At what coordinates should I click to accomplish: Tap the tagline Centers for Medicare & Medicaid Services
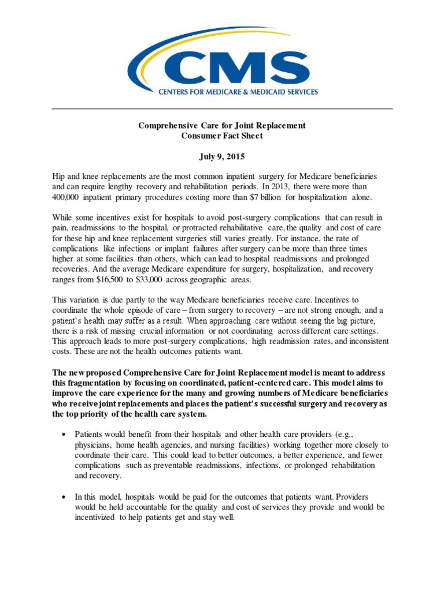tap(238, 91)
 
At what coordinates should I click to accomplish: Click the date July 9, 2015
tap(222, 157)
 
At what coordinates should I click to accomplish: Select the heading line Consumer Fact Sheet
tap(222, 136)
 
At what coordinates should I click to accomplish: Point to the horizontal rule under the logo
tap(222, 109)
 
